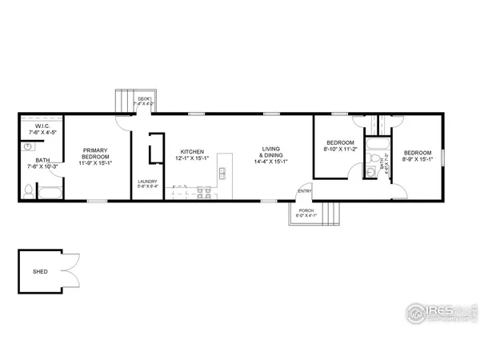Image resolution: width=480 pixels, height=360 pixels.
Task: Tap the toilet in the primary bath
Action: [x=28, y=190]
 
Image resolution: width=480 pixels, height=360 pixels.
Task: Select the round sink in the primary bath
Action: [x=28, y=147]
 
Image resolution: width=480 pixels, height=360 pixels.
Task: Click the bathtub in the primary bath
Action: [x=50, y=192]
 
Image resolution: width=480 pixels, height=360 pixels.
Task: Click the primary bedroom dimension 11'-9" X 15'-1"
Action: [x=95, y=163]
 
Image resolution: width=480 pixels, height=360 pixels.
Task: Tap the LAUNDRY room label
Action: [x=148, y=181]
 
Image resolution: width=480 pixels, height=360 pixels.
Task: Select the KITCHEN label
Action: [x=192, y=151]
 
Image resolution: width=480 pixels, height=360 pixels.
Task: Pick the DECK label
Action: [x=144, y=98]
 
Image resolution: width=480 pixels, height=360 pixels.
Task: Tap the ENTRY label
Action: [x=304, y=190]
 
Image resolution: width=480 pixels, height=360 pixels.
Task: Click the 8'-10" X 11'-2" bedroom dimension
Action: [x=338, y=149]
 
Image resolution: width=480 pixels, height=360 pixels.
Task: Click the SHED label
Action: [x=40, y=271]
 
